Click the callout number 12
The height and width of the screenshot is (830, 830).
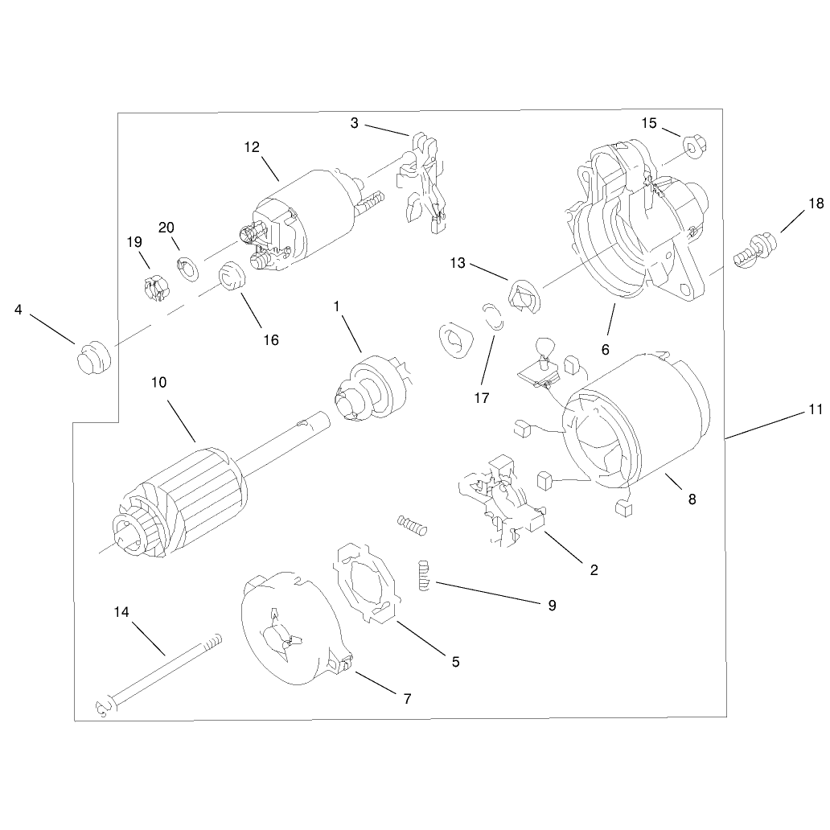tap(252, 147)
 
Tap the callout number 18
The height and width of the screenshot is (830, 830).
tap(816, 203)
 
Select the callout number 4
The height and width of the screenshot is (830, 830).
tap(18, 310)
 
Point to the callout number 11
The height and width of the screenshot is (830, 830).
tap(816, 409)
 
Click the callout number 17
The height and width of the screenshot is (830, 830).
tap(482, 397)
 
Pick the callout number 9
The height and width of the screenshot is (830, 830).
tap(552, 606)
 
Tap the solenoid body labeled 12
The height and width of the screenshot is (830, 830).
tap(304, 217)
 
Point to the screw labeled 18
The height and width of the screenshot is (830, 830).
tap(755, 249)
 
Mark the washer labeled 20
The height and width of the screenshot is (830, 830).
tap(187, 269)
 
